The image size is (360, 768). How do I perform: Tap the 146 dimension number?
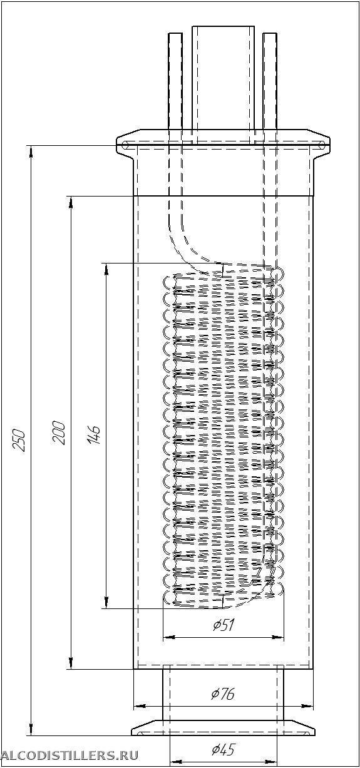[94, 435]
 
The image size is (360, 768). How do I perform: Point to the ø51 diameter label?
[223, 626]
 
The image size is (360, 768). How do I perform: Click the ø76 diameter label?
[223, 694]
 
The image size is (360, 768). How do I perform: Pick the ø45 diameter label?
[223, 750]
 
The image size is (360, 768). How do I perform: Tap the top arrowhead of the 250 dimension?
[31, 151]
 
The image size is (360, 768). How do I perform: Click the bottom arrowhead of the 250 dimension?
[31, 729]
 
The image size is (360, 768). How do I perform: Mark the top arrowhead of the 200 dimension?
[71, 202]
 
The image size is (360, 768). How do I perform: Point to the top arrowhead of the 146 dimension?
[106, 269]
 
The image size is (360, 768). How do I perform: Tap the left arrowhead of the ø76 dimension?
[139, 706]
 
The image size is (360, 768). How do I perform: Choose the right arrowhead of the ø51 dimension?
[278, 637]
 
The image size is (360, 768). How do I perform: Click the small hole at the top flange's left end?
[125, 145]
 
